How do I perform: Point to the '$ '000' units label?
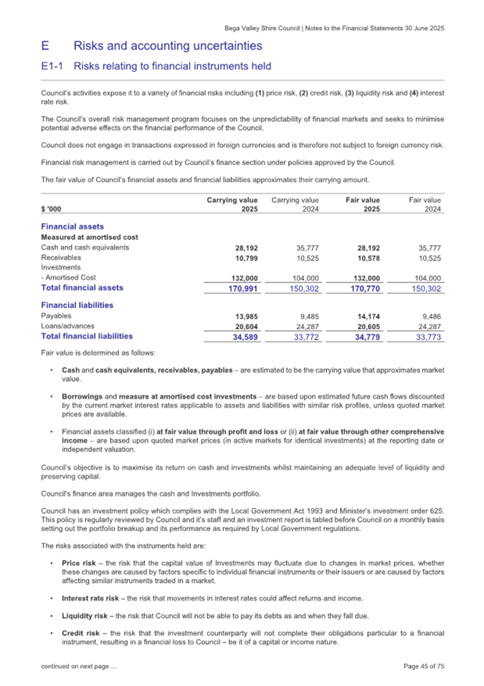51,209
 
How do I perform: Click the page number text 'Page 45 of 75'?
424,667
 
